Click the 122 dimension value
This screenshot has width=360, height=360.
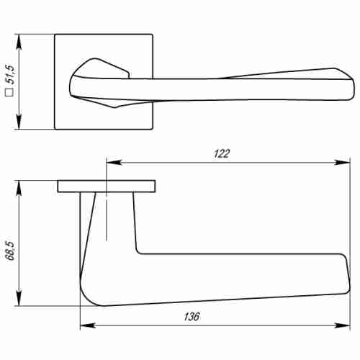(x=222, y=153)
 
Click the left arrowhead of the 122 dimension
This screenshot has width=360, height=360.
(x=110, y=162)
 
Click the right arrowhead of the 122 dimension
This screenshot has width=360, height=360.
(x=338, y=162)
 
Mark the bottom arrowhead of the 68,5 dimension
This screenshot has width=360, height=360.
(x=21, y=302)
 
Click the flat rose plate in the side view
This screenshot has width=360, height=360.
(x=106, y=186)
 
